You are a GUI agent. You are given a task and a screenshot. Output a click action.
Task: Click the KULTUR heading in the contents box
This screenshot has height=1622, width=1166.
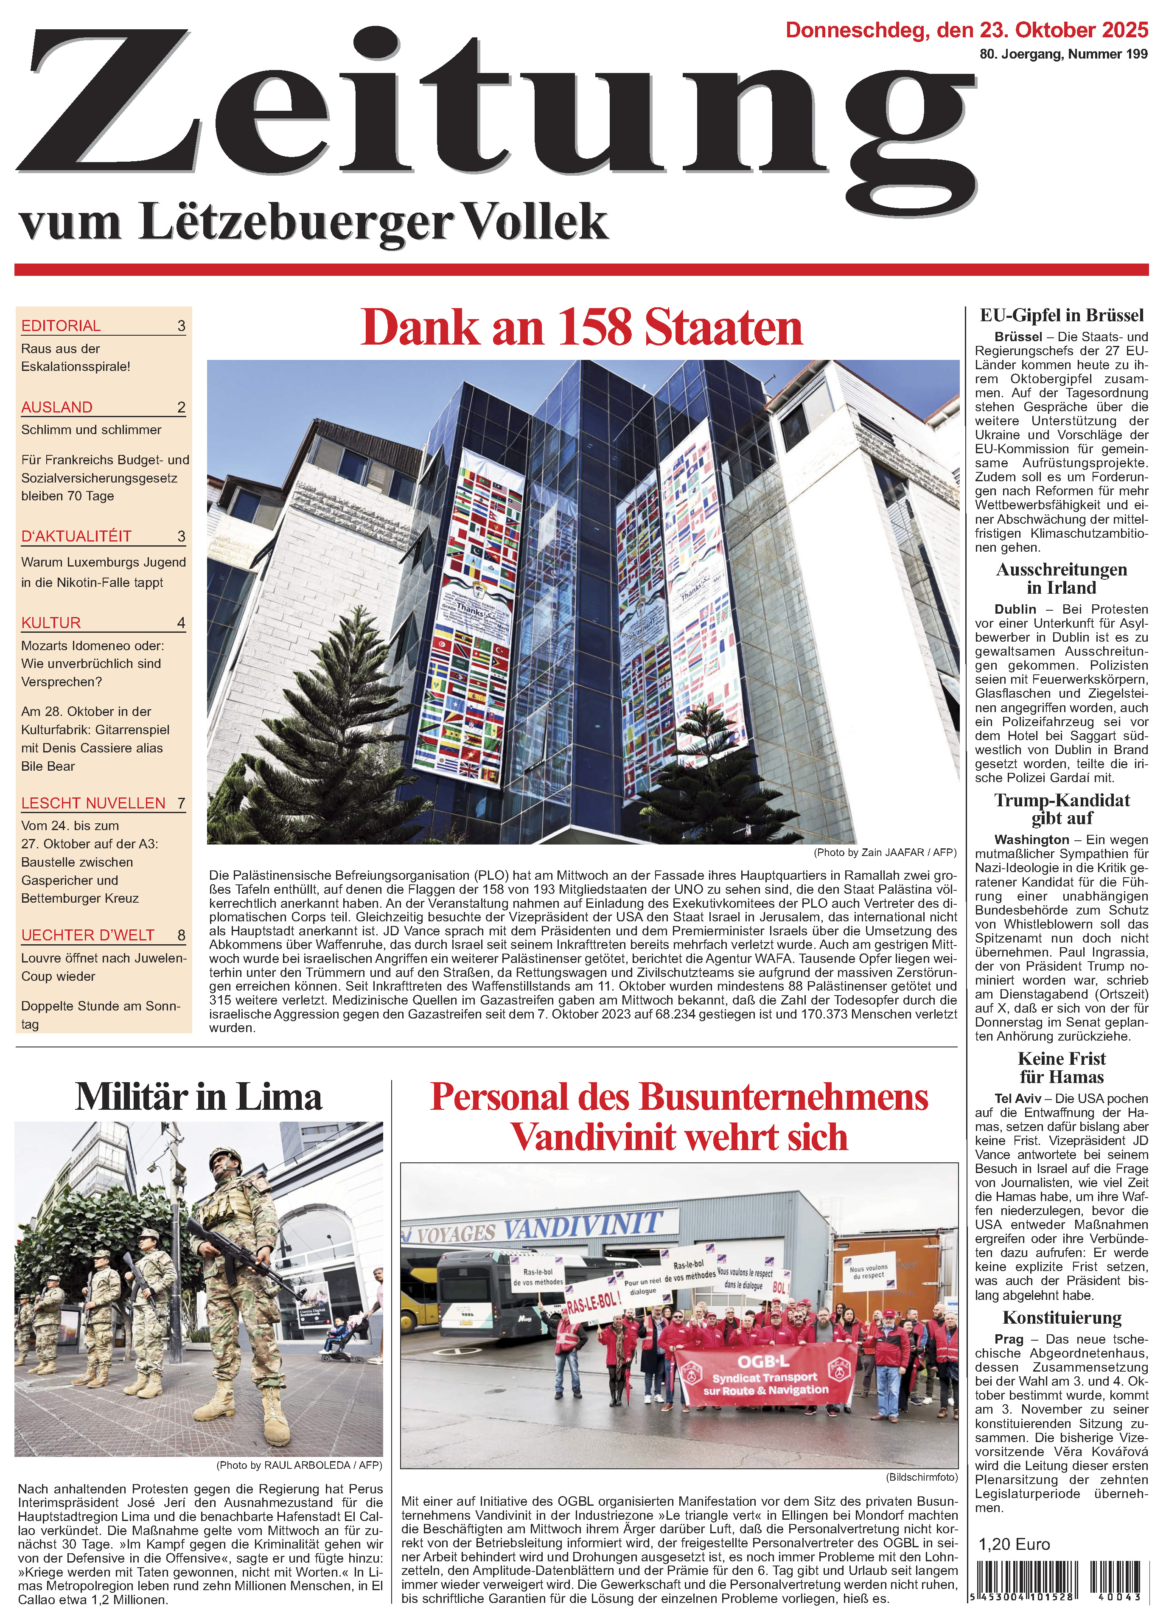51,622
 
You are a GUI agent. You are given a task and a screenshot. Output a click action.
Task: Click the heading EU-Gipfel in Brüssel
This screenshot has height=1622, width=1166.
1062,315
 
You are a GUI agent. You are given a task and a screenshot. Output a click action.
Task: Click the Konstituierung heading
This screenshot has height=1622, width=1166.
1062,1317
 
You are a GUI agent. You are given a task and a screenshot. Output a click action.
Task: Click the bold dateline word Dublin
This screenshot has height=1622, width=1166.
1015,609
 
